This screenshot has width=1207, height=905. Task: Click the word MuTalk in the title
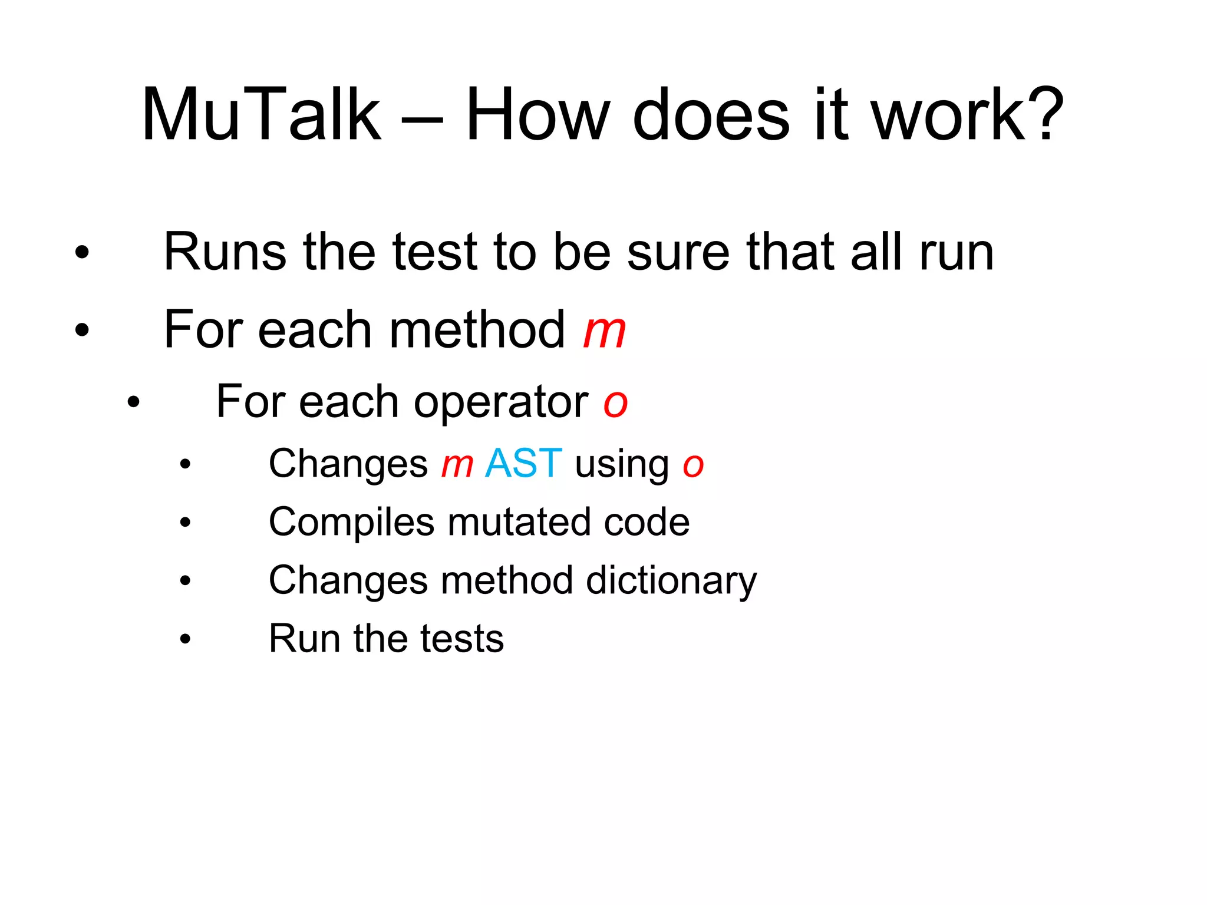point(261,115)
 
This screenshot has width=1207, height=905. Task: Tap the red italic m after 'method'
point(604,331)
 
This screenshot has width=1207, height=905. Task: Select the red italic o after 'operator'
point(615,404)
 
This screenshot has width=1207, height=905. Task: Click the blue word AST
point(523,463)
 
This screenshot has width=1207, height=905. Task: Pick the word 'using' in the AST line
point(622,465)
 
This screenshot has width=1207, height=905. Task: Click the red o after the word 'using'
point(693,465)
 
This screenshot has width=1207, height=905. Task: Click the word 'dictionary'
point(671,581)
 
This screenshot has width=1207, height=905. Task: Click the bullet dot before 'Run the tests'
point(186,639)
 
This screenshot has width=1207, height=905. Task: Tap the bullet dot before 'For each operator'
point(134,402)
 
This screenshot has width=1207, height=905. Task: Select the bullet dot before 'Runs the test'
point(82,252)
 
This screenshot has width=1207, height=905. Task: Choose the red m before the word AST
point(457,465)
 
